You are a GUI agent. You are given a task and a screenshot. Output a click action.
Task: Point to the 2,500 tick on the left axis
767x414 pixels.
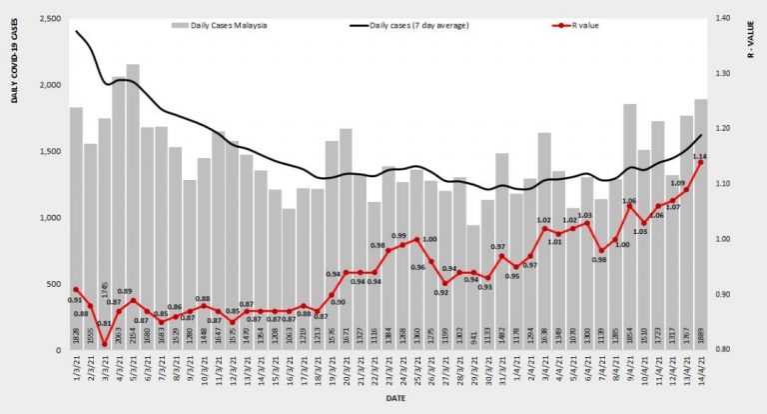tap(47, 19)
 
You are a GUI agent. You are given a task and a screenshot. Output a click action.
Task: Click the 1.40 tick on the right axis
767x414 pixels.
tap(724, 19)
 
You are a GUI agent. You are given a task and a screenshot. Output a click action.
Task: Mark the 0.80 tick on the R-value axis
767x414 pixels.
tap(724, 350)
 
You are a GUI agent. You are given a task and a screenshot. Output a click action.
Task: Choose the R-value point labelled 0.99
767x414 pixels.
tap(402, 244)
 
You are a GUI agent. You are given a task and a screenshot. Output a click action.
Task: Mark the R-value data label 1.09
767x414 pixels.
tap(676, 184)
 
